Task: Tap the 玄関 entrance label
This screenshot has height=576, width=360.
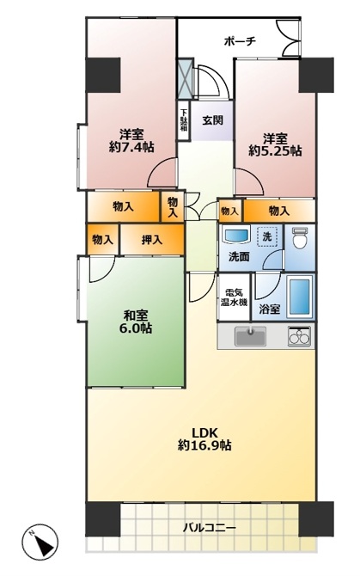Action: [x=213, y=120]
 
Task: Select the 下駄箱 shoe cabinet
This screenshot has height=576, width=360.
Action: [x=183, y=120]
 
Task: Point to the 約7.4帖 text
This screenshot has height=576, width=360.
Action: [x=131, y=147]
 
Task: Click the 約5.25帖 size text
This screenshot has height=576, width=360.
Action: [x=275, y=150]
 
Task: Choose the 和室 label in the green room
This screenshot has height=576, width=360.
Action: [x=136, y=316]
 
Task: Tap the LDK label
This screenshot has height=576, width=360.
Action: [x=204, y=432]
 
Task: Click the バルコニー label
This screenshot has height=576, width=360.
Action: [x=210, y=528]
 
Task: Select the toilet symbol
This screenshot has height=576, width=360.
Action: [x=300, y=238]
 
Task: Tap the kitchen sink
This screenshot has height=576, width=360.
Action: [x=250, y=336]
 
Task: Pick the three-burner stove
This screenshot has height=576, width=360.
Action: [x=300, y=336]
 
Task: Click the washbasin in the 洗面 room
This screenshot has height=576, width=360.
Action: [x=236, y=234]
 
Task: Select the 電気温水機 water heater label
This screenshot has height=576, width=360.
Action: [x=234, y=297]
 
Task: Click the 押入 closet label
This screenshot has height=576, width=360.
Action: [x=152, y=240]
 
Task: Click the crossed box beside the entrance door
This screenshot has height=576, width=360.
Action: [x=186, y=78]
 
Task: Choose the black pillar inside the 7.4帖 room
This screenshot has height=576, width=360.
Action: [x=103, y=75]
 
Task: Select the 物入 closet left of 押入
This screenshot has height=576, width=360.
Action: [x=102, y=240]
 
